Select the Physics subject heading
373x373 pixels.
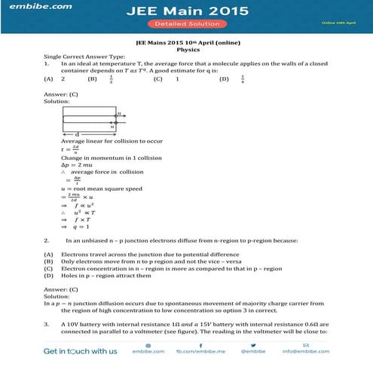point(186,50)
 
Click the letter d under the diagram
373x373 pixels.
point(77,134)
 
